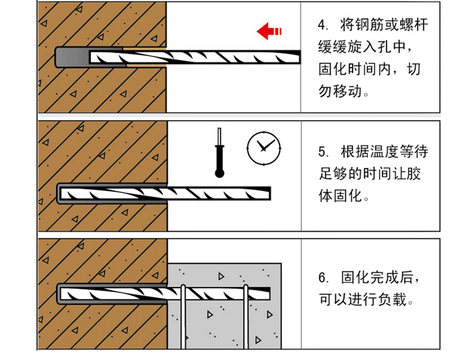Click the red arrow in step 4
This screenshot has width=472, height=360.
tap(269, 31)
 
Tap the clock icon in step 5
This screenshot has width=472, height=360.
tap(263, 148)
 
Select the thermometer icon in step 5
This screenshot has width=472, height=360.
tap(219, 152)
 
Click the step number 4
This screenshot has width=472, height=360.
tap(322, 25)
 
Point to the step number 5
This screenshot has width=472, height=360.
tap(323, 152)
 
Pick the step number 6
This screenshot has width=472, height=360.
tap(323, 277)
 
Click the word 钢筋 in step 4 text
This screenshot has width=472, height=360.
tap(370, 25)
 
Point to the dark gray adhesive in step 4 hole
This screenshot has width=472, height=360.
tap(72, 57)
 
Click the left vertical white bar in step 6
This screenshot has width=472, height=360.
tap(183, 316)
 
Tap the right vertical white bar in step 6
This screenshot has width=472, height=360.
tap(246, 316)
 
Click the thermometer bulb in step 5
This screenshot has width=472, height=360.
tap(219, 173)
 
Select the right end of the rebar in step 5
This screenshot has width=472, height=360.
tap(270, 193)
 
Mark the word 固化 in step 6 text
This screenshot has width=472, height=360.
tap(355, 277)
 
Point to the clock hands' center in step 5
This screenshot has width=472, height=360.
tap(263, 148)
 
